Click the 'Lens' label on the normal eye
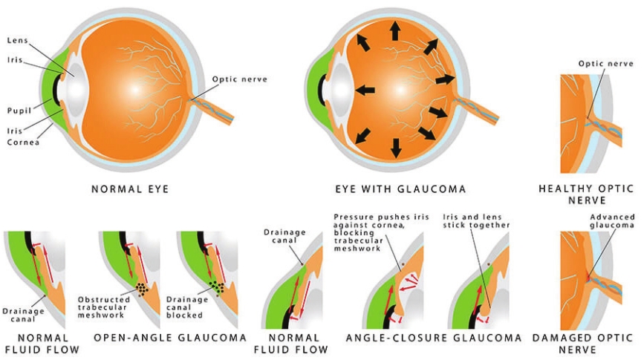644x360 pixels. [x=18, y=41]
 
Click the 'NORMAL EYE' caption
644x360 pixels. [x=130, y=189]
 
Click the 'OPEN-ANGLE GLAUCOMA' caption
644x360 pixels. [x=170, y=338]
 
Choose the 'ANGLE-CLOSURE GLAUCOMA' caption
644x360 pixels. [x=434, y=338]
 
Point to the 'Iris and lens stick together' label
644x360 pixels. [x=476, y=220]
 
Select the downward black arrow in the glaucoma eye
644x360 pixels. [x=395, y=148]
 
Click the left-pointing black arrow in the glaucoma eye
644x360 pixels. [x=364, y=90]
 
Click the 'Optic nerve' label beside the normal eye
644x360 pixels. [x=239, y=79]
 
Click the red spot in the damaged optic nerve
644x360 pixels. [x=588, y=277]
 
